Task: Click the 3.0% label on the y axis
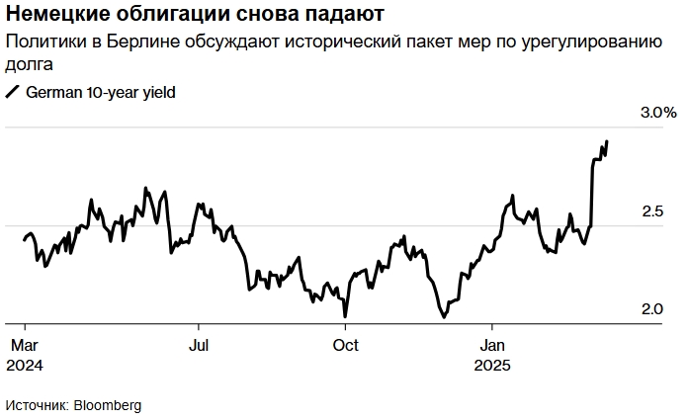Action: tap(657, 113)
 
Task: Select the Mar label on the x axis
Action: tap(24, 346)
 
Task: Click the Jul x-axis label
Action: tap(199, 346)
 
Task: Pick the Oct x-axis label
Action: tap(345, 346)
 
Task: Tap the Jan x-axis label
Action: tap(492, 346)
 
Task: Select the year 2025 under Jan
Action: tap(492, 365)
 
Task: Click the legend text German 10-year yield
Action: tap(102, 92)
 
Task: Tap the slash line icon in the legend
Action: tap(13, 92)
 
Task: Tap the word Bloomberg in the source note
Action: tap(109, 405)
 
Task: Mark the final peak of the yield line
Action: tap(606, 141)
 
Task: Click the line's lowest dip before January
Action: tap(444, 317)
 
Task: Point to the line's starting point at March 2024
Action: tap(24, 238)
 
